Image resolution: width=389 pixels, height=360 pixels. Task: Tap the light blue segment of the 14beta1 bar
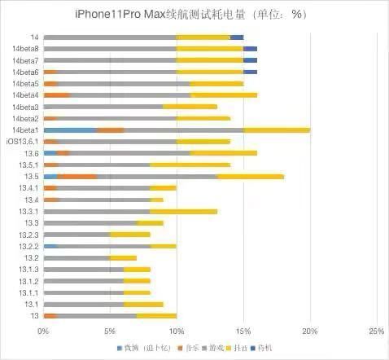coord(69,130)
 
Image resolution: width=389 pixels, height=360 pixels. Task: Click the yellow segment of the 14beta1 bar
coord(277,130)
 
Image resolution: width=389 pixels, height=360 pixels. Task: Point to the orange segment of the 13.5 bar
coord(78,176)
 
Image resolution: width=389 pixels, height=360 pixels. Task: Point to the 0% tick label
coord(43,331)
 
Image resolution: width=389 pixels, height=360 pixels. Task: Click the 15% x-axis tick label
coord(243,331)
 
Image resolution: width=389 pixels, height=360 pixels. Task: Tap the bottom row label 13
coord(35,316)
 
